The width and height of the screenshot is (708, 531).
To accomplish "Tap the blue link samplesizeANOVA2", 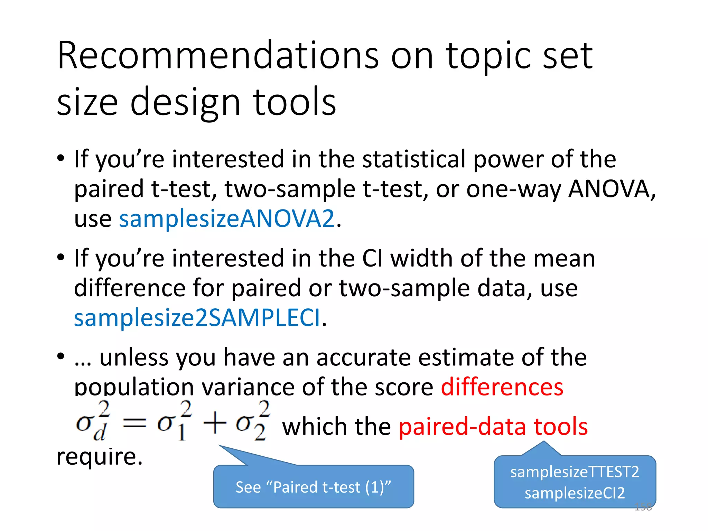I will [227, 219].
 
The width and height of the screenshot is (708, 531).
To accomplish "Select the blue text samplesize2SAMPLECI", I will [197, 318].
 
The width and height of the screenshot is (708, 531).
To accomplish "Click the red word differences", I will [502, 387].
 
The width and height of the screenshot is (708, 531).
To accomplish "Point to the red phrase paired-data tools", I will [493, 427].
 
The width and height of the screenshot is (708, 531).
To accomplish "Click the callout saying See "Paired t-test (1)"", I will [313, 487].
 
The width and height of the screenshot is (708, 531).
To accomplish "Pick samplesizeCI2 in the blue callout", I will [575, 493].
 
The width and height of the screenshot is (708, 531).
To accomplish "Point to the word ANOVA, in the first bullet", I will [612, 189].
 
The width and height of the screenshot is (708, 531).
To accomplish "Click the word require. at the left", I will [100, 457].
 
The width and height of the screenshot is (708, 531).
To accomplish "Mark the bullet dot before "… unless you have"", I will [61, 356].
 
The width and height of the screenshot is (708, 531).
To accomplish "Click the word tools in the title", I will [295, 102].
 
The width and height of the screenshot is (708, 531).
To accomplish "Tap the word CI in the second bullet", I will [373, 259].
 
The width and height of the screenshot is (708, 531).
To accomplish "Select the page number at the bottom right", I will [643, 507].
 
